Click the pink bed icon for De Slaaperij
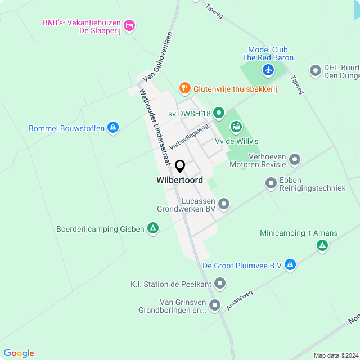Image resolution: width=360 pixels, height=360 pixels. pyautogui.click(x=129, y=25)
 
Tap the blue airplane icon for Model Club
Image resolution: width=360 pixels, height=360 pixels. pyautogui.click(x=268, y=70)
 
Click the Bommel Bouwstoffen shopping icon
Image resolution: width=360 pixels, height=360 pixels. pyautogui.click(x=114, y=128)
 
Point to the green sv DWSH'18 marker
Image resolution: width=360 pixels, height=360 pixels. pyautogui.click(x=219, y=114)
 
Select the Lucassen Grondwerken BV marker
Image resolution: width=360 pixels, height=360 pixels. pyautogui.click(x=224, y=204)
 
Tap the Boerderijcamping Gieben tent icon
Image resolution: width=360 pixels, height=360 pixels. pyautogui.click(x=152, y=228)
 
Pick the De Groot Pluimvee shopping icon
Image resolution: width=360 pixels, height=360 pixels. pyautogui.click(x=290, y=264)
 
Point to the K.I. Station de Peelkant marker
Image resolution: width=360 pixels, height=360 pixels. pyautogui.click(x=220, y=284)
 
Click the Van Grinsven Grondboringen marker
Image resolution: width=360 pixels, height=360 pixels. pyautogui.click(x=215, y=305)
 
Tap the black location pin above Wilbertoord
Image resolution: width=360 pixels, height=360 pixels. pyautogui.click(x=180, y=166)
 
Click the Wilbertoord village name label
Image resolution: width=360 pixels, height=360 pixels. pyautogui.click(x=180, y=181)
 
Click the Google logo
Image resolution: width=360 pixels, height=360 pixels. pyautogui.click(x=19, y=353)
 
